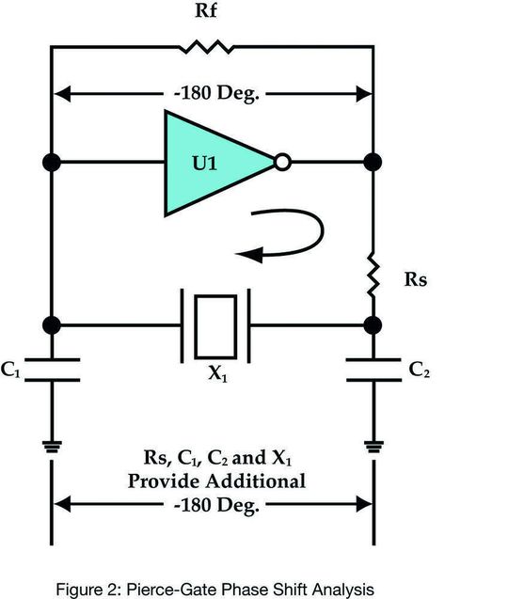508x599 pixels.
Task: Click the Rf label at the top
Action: point(206,10)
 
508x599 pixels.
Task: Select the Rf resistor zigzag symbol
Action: point(206,47)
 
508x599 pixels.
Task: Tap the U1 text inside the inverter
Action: point(204,163)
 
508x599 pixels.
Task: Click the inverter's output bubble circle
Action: point(282,162)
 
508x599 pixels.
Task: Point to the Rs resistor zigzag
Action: point(373,275)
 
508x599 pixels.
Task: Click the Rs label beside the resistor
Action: point(416,279)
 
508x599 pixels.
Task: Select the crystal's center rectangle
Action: point(215,326)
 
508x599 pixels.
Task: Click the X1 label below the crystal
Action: point(217,373)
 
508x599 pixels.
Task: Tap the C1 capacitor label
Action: point(10,370)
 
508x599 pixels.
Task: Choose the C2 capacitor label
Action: point(420,370)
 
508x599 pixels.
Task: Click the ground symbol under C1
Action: point(52,447)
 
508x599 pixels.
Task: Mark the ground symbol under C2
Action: point(373,447)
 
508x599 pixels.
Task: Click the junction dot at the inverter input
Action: point(52,163)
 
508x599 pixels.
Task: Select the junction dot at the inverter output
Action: point(373,162)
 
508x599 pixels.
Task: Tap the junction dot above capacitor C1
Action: point(52,325)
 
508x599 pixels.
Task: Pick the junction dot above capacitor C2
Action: point(373,325)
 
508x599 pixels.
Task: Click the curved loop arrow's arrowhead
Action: point(249,255)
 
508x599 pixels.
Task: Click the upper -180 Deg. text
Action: point(216,93)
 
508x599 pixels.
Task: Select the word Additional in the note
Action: point(262,481)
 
